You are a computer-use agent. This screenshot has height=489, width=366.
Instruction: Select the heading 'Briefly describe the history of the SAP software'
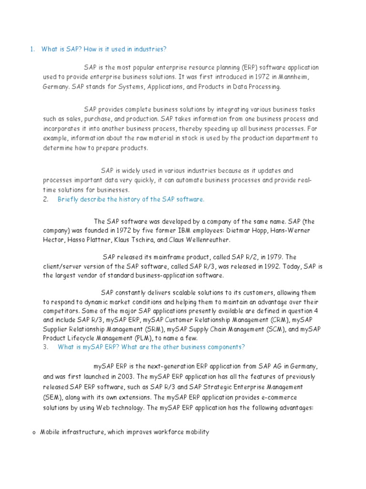click(x=131, y=199)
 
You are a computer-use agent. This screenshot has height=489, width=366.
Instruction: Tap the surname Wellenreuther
click(x=206, y=240)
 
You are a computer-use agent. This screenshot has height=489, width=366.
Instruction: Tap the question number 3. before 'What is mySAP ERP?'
click(x=46, y=347)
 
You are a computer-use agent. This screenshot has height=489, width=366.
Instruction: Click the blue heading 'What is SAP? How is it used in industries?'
click(x=104, y=49)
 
